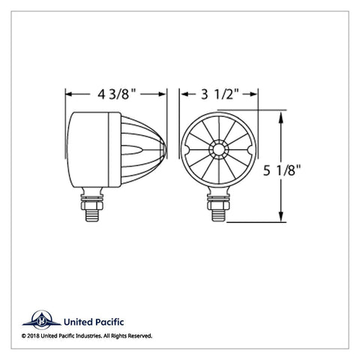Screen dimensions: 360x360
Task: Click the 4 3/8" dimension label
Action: (116, 94)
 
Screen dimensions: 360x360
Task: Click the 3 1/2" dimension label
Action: (220, 94)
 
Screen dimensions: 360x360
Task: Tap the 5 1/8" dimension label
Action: (282, 170)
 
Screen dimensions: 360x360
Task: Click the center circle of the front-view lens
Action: (219, 149)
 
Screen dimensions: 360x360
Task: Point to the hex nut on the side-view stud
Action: (92, 205)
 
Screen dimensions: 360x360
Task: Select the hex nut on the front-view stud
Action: (218, 205)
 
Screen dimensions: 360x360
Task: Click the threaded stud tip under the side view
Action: (92, 215)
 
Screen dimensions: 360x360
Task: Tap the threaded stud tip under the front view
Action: (218, 215)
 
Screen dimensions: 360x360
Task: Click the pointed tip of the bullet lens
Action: (165, 149)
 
